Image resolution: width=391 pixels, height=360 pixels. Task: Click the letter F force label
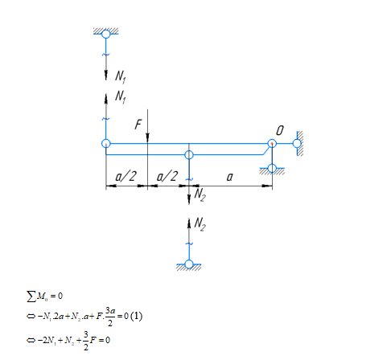138,125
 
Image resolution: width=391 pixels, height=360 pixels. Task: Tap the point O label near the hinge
280,131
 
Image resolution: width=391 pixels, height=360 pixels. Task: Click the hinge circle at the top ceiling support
106,34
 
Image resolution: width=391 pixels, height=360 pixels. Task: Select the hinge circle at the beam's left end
106,143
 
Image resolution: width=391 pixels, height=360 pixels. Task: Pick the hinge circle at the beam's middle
189,155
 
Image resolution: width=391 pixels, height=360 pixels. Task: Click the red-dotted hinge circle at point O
272,144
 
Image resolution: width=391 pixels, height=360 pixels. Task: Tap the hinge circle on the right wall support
297,144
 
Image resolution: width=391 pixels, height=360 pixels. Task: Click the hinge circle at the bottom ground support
189,264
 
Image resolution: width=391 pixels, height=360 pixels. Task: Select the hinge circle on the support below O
272,168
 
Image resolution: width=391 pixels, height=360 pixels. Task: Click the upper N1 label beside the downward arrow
121,76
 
